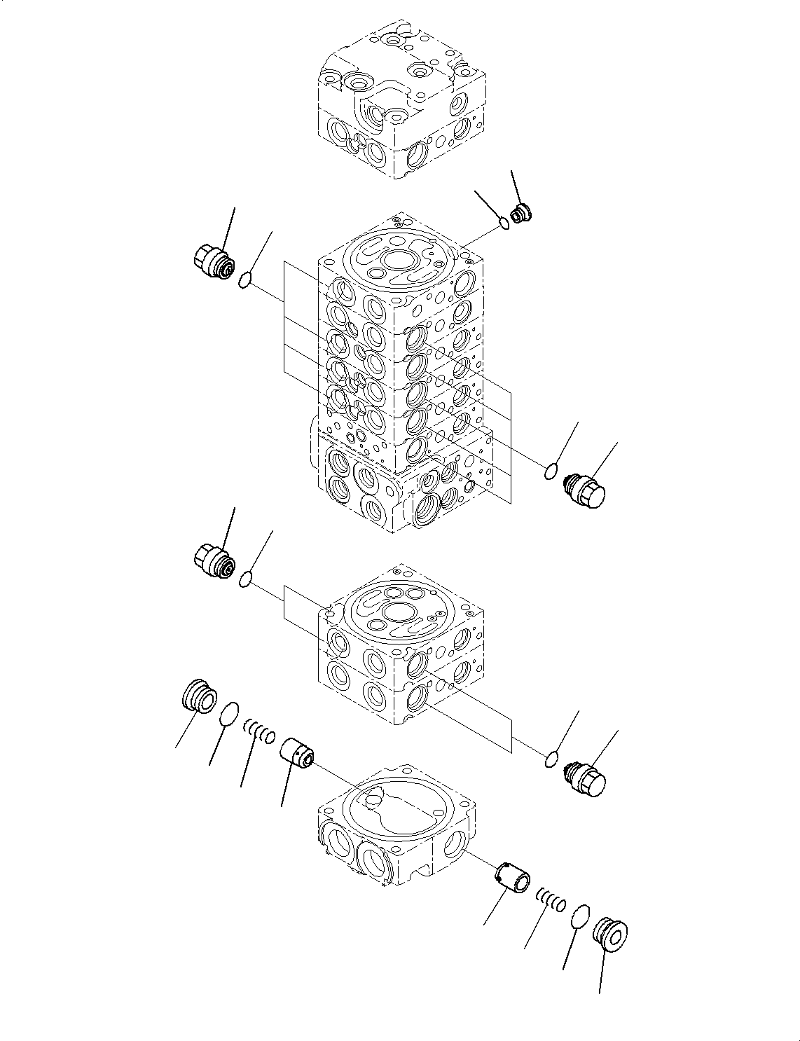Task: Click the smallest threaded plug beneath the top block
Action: (521, 214)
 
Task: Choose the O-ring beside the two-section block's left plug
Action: (245, 579)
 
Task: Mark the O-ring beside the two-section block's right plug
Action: (552, 759)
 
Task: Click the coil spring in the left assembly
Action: (259, 733)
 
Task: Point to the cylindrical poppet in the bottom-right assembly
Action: (511, 878)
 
